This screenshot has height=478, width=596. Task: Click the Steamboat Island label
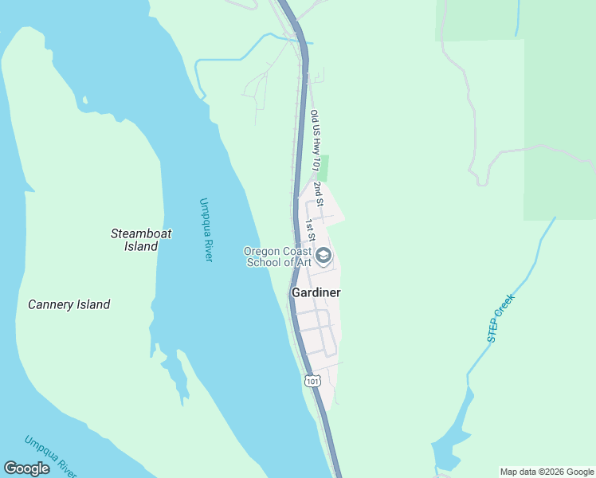[141, 240]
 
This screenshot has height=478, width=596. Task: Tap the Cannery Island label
[69, 304]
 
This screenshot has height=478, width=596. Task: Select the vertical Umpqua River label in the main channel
[206, 229]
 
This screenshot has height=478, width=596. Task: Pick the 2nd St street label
[318, 194]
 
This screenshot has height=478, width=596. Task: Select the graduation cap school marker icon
[323, 256]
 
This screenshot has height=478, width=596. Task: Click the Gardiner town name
[316, 292]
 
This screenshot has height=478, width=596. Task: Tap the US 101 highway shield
[312, 382]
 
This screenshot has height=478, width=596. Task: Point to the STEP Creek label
[502, 319]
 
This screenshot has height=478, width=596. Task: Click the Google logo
[26, 468]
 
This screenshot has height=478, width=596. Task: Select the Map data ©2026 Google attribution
[547, 472]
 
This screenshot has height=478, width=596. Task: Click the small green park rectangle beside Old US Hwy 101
[323, 167]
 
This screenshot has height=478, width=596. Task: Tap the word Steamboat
[141, 233]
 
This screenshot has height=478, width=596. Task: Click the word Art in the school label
[300, 264]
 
